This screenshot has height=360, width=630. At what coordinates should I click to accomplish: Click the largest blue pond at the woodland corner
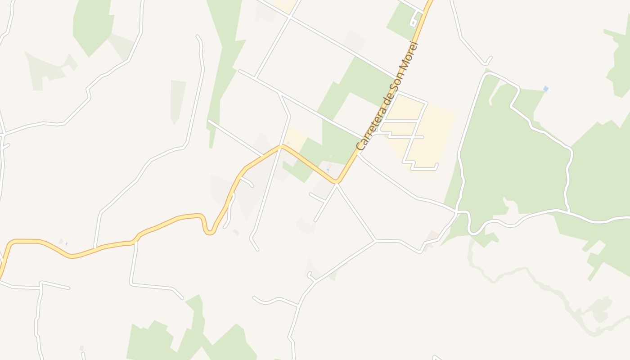click(545, 89)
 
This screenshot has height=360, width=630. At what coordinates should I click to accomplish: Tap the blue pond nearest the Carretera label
click(328, 170)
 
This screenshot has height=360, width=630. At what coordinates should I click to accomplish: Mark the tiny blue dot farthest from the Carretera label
click(66, 244)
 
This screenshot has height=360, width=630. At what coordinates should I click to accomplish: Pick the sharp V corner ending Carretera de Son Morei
click(337, 182)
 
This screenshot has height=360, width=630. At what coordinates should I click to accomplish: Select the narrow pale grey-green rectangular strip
click(177, 102)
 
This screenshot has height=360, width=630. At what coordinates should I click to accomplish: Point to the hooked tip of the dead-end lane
click(489, 59)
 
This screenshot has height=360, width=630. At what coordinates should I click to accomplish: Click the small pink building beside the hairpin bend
click(236, 232)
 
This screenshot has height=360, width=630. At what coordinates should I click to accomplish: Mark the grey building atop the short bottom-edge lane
click(81, 348)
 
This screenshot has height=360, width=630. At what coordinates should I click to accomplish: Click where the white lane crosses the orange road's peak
click(281, 146)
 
